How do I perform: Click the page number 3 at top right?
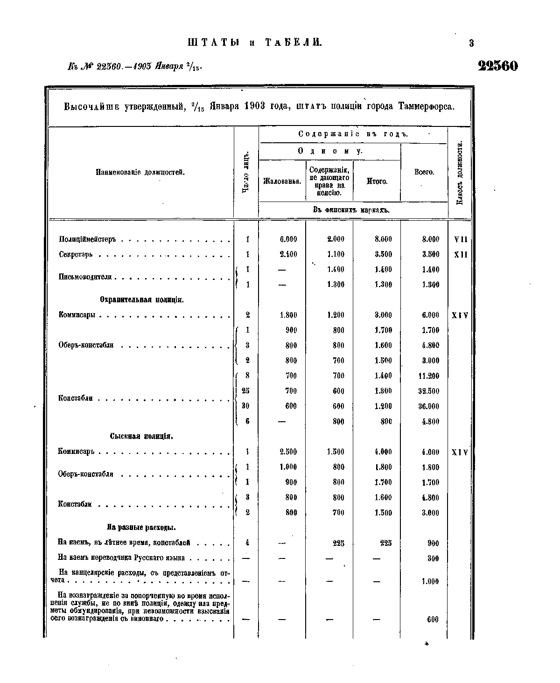click(x=471, y=43)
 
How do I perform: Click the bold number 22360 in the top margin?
click(x=498, y=66)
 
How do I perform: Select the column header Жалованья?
click(x=281, y=181)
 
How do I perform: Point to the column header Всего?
click(x=424, y=172)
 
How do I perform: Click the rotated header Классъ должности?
click(x=460, y=173)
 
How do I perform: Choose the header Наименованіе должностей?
click(x=140, y=172)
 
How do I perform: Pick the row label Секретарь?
click(x=76, y=255)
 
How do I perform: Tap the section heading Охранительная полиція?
click(x=142, y=300)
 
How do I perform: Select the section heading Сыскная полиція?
click(x=142, y=437)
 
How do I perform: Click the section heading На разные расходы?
click(x=141, y=528)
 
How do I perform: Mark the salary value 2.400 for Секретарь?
click(x=288, y=255)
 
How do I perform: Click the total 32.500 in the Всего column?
click(x=428, y=391)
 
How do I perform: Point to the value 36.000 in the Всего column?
click(x=428, y=406)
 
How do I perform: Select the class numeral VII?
click(x=460, y=240)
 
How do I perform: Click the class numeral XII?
click(x=460, y=255)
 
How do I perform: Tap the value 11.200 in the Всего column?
click(x=428, y=376)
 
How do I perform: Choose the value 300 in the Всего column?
click(x=433, y=558)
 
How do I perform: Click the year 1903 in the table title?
click(x=255, y=106)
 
